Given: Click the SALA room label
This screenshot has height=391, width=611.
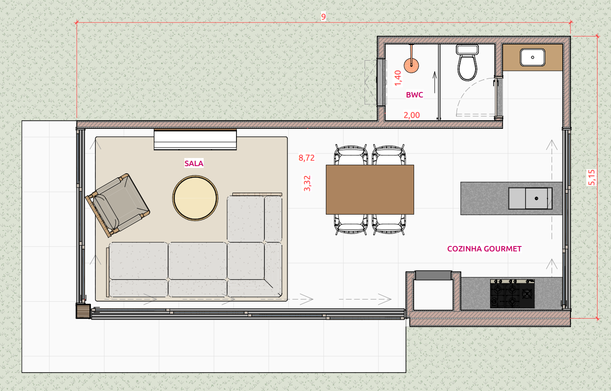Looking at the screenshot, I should click(194, 164).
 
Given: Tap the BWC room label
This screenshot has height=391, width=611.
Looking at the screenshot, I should click(415, 95).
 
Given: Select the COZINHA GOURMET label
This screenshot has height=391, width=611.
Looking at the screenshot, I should click(484, 249).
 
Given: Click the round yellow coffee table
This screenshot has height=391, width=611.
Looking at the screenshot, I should click(195, 198).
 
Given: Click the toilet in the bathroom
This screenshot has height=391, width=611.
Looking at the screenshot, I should click(467, 64).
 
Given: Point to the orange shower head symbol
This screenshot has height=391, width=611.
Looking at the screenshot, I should click(411, 65).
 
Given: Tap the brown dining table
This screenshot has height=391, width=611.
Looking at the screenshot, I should click(370, 189).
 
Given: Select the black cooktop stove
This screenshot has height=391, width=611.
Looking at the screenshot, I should click(512, 294).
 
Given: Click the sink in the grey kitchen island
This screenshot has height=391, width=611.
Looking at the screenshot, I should click(531, 198).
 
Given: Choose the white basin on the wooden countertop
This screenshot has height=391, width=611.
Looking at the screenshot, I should click(533, 57).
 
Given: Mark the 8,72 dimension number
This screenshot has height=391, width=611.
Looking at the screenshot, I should click(307, 158).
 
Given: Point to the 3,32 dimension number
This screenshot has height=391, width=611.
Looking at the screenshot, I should click(308, 183).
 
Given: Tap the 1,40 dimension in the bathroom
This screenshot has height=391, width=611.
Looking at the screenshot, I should click(398, 77).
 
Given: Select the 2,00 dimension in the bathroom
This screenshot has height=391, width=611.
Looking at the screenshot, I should click(411, 115).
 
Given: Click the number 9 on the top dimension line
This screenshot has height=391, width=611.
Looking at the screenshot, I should click(323, 17).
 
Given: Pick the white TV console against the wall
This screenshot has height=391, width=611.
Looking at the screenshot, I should click(195, 140).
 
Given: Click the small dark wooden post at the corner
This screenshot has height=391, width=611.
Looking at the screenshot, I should click(83, 311).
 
